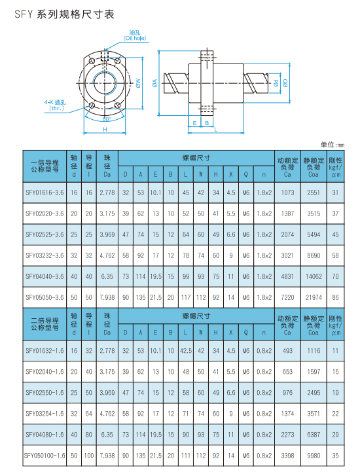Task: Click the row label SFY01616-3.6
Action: [45, 192]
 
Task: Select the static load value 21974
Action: [314, 297]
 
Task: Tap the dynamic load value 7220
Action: [287, 297]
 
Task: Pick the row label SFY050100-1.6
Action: [45, 455]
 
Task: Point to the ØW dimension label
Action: [139, 82]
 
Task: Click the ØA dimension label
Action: [154, 82]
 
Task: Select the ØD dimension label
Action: [285, 82]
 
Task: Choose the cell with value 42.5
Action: [185, 350]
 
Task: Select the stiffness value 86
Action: [335, 297]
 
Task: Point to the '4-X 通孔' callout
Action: [54, 105]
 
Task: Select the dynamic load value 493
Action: [287, 350]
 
